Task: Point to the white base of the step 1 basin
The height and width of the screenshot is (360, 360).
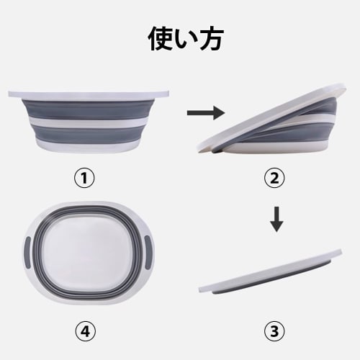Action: point(90,144)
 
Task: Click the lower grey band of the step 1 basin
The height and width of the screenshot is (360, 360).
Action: point(90,135)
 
